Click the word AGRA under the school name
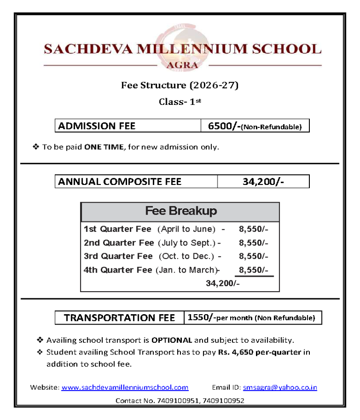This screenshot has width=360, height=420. pos(182,65)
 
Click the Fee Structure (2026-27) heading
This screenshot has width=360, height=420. pos(180,85)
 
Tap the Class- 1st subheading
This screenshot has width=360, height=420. pos(180,102)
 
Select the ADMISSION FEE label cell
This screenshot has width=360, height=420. pos(127,126)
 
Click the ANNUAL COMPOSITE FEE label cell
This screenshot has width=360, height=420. pos(136,182)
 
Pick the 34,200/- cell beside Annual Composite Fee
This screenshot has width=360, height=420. pos(263,182)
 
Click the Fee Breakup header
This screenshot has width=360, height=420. pos(180,211)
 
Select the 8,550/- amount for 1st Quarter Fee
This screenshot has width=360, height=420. pos(254,229)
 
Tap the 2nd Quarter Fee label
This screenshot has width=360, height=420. pos(119,243)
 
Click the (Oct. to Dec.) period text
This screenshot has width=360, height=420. pos(187,257)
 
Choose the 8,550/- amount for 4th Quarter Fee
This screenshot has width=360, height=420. pos(254,270)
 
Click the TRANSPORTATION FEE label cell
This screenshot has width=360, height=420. pos(119,318)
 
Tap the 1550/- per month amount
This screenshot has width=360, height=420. pos(201,318)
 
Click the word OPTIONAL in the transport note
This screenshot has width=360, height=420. pos(172,340)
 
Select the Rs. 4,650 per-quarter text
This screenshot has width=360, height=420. pos(259,352)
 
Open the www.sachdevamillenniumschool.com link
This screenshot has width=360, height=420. pos(125,388)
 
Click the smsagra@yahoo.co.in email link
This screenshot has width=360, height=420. pos(280,388)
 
